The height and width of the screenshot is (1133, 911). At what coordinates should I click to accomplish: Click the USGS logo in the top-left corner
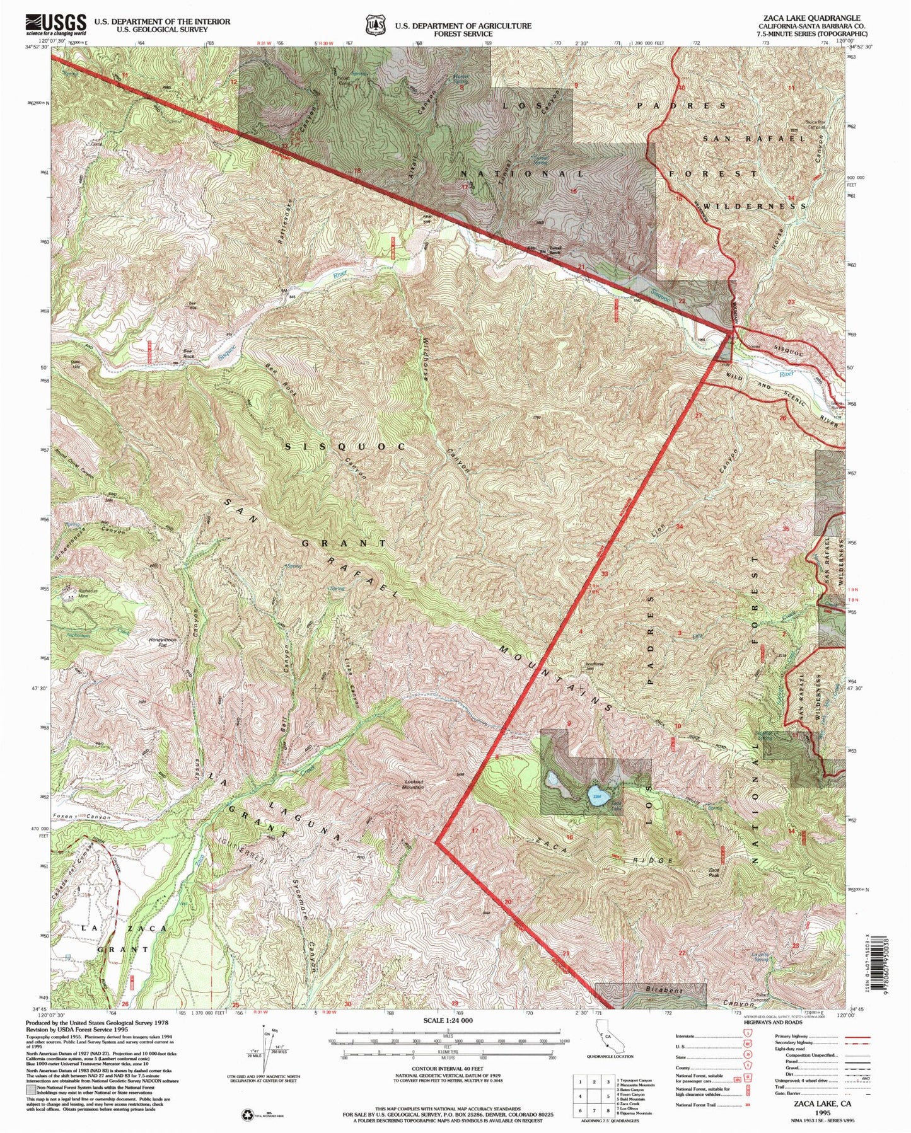click(x=56, y=25)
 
